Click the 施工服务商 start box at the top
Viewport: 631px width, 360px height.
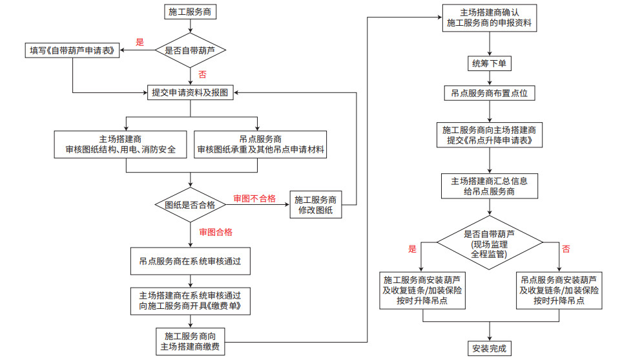coord(191,12)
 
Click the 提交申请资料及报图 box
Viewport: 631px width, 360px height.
coord(191,93)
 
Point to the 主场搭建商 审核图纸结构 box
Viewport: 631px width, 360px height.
coord(125,145)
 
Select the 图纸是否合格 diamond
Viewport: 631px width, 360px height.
coord(190,205)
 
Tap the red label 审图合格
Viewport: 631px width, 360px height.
coord(216,232)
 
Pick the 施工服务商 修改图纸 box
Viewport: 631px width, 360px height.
coord(316,205)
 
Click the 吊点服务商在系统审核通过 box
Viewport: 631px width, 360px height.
coord(190,262)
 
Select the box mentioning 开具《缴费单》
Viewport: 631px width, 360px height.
coord(190,301)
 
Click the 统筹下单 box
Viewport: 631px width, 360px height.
coord(489,63)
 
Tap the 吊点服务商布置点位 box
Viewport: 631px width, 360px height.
coord(489,94)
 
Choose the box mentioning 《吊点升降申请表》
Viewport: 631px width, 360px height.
coord(489,134)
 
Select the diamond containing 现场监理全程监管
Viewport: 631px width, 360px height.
coord(489,244)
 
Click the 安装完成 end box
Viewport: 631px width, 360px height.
coord(489,349)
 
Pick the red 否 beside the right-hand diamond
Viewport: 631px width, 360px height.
coord(566,249)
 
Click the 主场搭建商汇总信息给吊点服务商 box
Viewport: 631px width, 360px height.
coord(489,186)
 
